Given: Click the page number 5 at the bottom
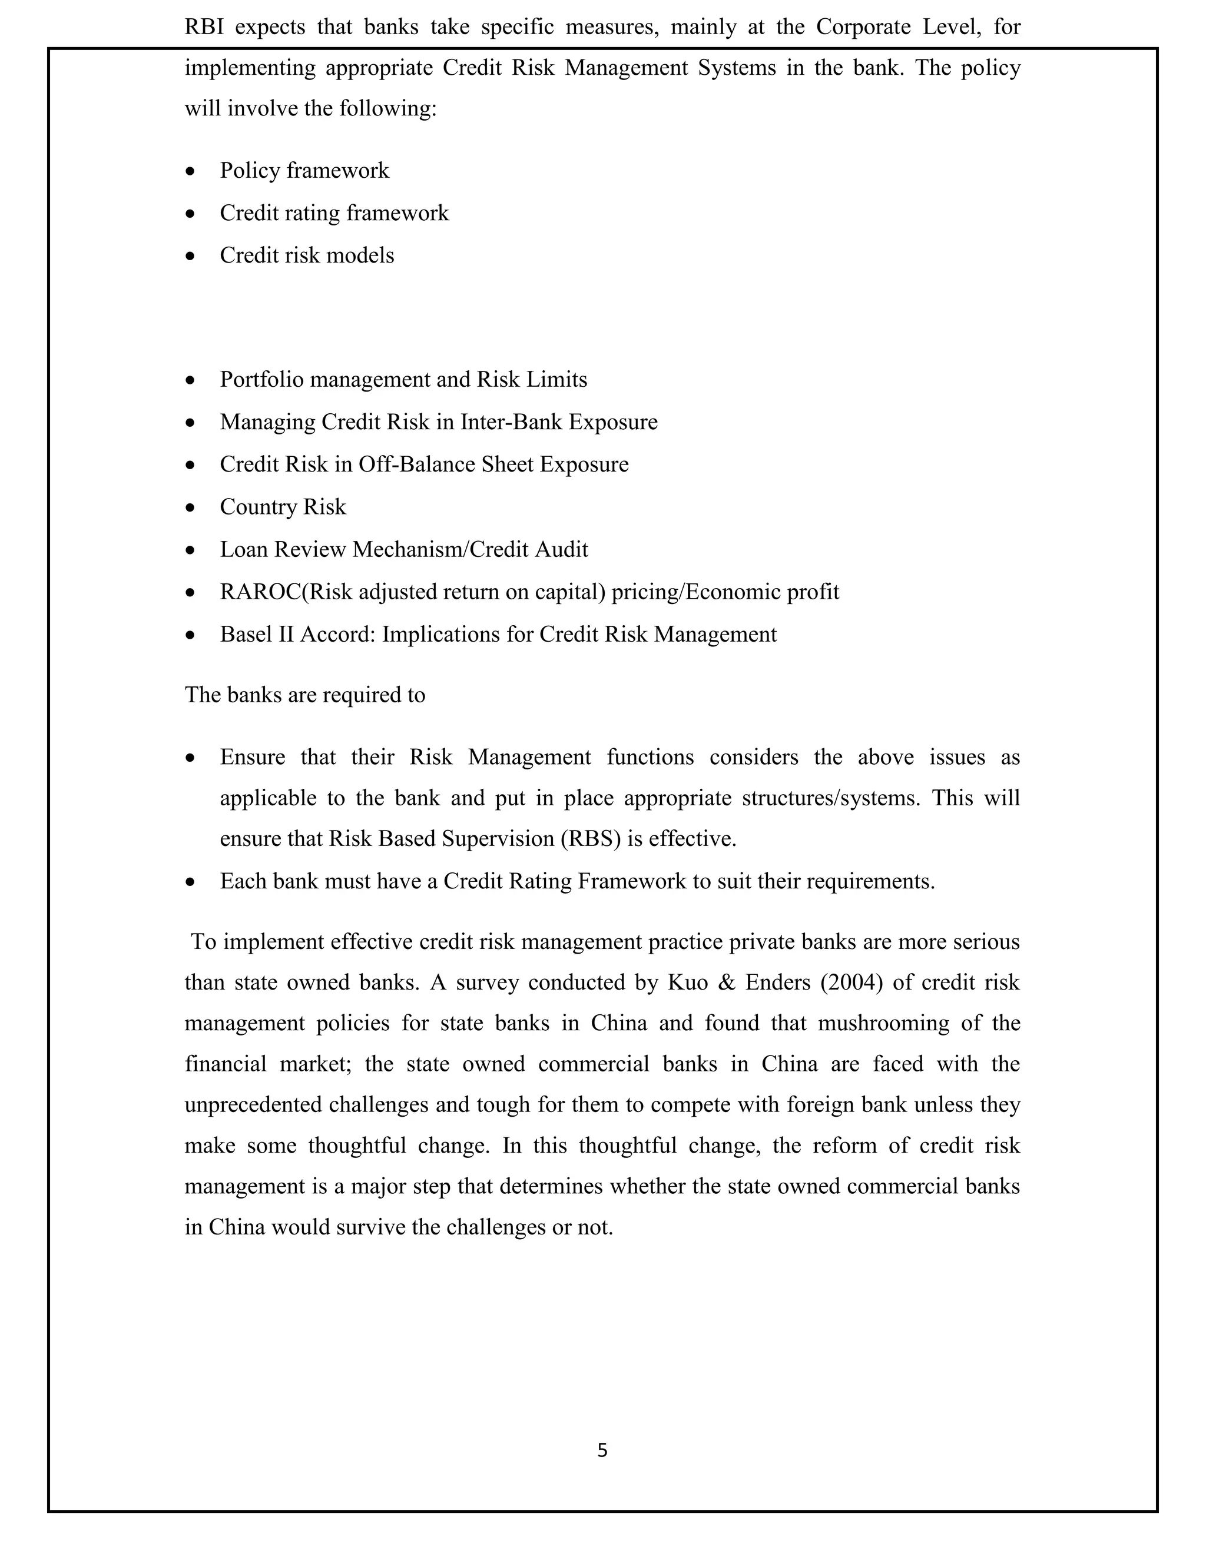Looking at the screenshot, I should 602,1450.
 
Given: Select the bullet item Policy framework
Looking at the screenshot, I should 304,171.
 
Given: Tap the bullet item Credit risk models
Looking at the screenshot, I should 306,255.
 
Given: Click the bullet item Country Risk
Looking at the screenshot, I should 282,507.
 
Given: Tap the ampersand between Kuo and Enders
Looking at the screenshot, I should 726,983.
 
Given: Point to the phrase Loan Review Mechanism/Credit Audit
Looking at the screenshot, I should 403,550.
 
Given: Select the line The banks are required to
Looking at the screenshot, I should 305,695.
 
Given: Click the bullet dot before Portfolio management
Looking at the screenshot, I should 190,381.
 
